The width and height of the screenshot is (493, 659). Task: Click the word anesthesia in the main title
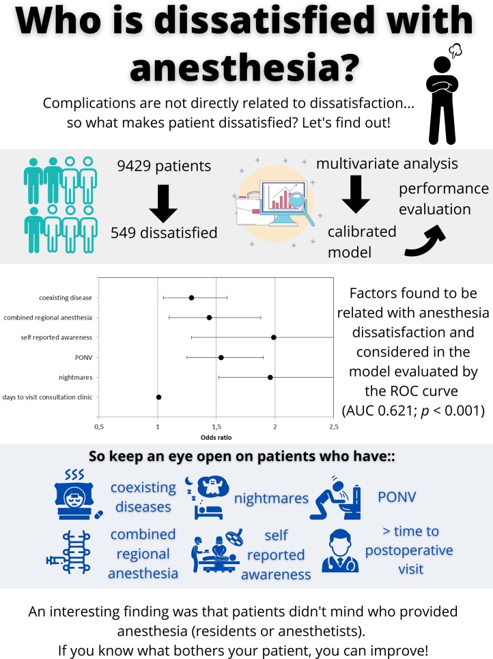[246, 70]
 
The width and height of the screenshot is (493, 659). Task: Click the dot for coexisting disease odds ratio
[191, 298]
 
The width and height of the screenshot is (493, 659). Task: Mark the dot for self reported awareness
[273, 337]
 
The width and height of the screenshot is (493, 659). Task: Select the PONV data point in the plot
[221, 357]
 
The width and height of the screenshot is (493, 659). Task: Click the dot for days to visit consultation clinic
[158, 397]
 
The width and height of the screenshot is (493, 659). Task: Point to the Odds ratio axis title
[216, 438]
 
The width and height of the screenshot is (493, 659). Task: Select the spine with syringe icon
[72, 554]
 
